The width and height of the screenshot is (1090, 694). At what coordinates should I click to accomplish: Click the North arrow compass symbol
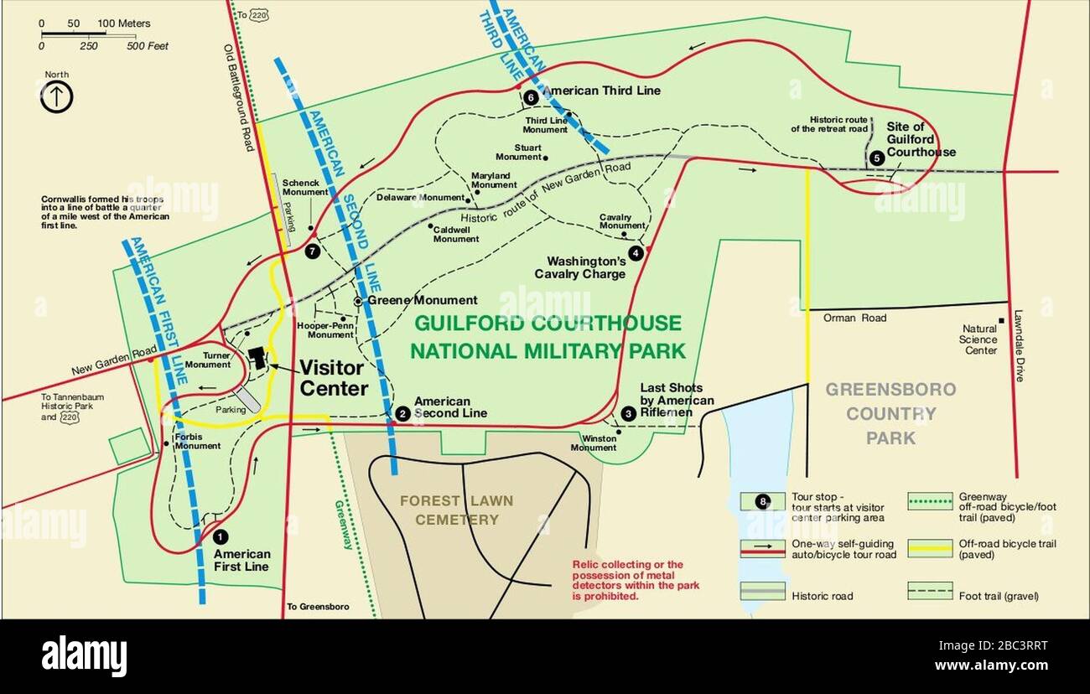[57, 97]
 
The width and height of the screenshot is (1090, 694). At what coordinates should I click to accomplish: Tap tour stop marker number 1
[220, 536]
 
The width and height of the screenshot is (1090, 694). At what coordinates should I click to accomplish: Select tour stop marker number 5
[876, 157]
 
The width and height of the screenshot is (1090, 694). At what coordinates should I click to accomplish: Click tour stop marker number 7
[313, 251]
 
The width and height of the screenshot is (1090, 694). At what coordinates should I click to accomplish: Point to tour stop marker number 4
[636, 252]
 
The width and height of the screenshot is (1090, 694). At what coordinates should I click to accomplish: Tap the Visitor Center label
[333, 378]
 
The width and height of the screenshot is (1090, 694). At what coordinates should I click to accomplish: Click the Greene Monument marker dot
[358, 300]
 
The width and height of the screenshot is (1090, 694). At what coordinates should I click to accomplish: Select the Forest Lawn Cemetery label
[457, 510]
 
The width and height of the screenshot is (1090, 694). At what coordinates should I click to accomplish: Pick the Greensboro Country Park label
[890, 413]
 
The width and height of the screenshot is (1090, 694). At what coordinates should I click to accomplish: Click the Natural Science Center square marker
[1001, 322]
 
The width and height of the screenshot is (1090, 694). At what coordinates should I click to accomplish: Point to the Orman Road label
[854, 319]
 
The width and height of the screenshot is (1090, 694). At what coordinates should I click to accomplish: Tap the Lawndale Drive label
[1019, 348]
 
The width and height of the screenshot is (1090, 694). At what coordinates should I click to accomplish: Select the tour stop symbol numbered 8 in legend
[762, 501]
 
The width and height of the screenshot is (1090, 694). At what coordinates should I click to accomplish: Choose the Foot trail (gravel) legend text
[999, 596]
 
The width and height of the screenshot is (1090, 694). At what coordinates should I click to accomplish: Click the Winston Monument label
[594, 443]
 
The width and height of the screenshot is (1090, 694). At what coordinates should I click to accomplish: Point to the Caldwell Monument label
[455, 234]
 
